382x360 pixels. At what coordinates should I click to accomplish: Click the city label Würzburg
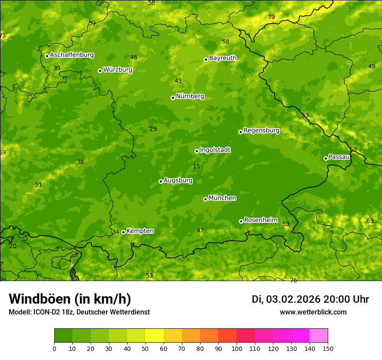coord(118,70)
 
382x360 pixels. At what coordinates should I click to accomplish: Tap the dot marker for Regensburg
coord(240,132)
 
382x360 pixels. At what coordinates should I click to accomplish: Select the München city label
coord(222,198)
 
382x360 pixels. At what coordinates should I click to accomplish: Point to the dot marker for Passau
coord(326,158)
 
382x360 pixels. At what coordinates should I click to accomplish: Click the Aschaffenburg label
coord(72,55)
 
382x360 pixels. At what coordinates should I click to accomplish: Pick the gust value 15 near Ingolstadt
coord(196,167)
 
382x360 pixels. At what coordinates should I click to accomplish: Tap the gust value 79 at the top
coord(271,17)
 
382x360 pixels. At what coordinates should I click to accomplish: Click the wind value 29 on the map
coord(153,129)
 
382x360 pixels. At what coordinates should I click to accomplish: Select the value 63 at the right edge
coord(370,221)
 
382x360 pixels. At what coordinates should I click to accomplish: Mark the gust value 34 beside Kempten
coord(115,232)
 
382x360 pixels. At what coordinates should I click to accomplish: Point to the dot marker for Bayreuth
coord(206,59)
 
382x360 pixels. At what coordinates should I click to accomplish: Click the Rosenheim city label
coord(260,220)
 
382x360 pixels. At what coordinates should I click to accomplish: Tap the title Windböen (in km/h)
coord(70,299)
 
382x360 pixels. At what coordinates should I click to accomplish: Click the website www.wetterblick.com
coord(313,312)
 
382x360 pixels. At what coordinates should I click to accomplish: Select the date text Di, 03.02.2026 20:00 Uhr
coord(310,299)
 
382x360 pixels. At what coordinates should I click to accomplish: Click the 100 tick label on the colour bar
coord(237,349)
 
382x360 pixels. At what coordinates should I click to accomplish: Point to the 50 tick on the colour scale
coord(145,349)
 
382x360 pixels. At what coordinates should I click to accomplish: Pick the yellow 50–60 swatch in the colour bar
coord(155,336)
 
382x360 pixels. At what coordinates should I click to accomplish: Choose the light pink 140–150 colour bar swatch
coord(319,336)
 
